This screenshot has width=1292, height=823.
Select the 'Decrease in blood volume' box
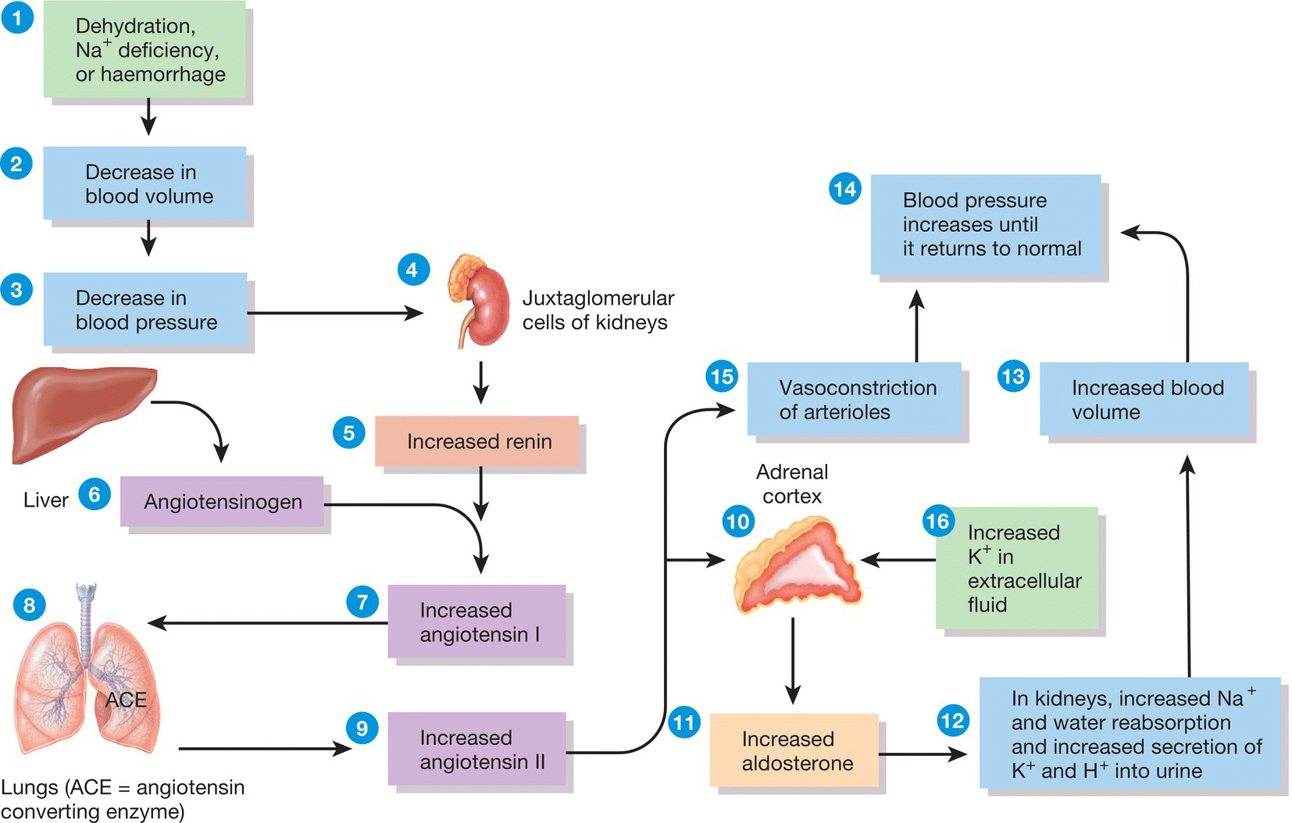click(x=145, y=183)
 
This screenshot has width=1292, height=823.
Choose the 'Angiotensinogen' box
click(x=222, y=501)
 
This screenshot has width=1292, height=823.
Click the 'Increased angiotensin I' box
click(x=476, y=622)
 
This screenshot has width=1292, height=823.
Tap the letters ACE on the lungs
click(x=126, y=700)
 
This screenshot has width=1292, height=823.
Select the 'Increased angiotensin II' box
click(x=476, y=749)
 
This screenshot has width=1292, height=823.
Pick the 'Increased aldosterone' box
click(x=794, y=750)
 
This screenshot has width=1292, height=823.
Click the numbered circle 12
click(x=953, y=720)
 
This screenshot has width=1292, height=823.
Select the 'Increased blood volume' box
click(x=1144, y=399)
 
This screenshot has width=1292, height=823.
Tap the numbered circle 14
click(x=844, y=189)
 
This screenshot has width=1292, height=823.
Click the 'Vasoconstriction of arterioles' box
click(x=855, y=399)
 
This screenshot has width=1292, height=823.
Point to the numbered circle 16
click(x=937, y=521)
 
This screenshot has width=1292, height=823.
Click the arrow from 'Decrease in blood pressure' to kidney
click(x=336, y=313)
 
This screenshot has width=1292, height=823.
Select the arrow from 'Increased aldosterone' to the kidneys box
click(x=923, y=754)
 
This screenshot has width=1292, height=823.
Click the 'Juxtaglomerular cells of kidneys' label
click(x=598, y=310)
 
